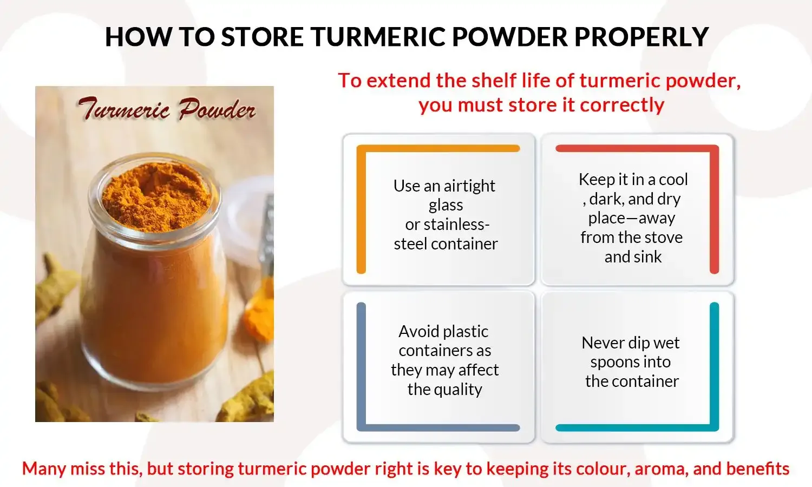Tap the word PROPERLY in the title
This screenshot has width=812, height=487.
[x=641, y=37]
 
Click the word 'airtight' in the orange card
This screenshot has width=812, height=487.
[x=469, y=186]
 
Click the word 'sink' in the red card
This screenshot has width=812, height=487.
[x=649, y=257]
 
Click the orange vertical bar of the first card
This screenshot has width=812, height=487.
[x=361, y=211]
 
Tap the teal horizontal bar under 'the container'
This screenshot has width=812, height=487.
[x=633, y=427]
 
